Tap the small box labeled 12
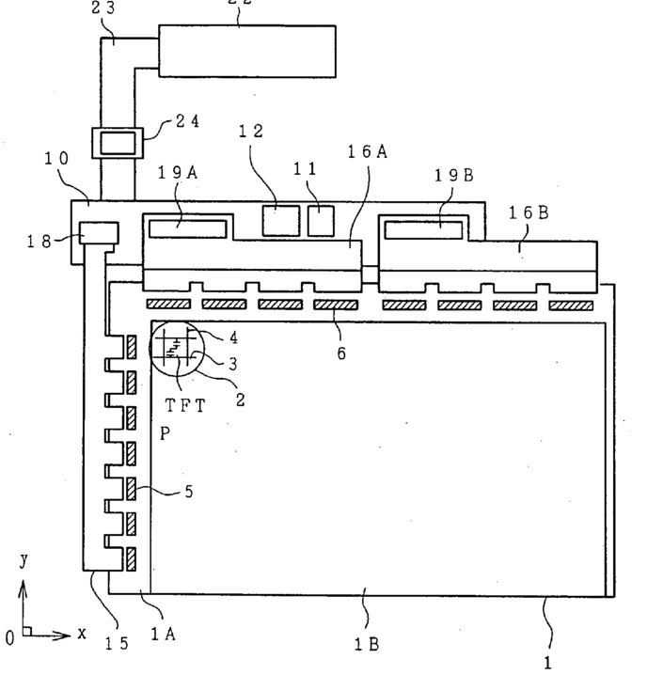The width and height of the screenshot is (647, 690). tap(277, 219)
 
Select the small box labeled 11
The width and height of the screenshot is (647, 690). tap(321, 219)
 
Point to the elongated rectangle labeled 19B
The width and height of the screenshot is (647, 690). tap(421, 229)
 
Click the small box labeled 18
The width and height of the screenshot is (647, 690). tap(99, 232)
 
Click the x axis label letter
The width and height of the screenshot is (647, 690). tap(82, 634)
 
